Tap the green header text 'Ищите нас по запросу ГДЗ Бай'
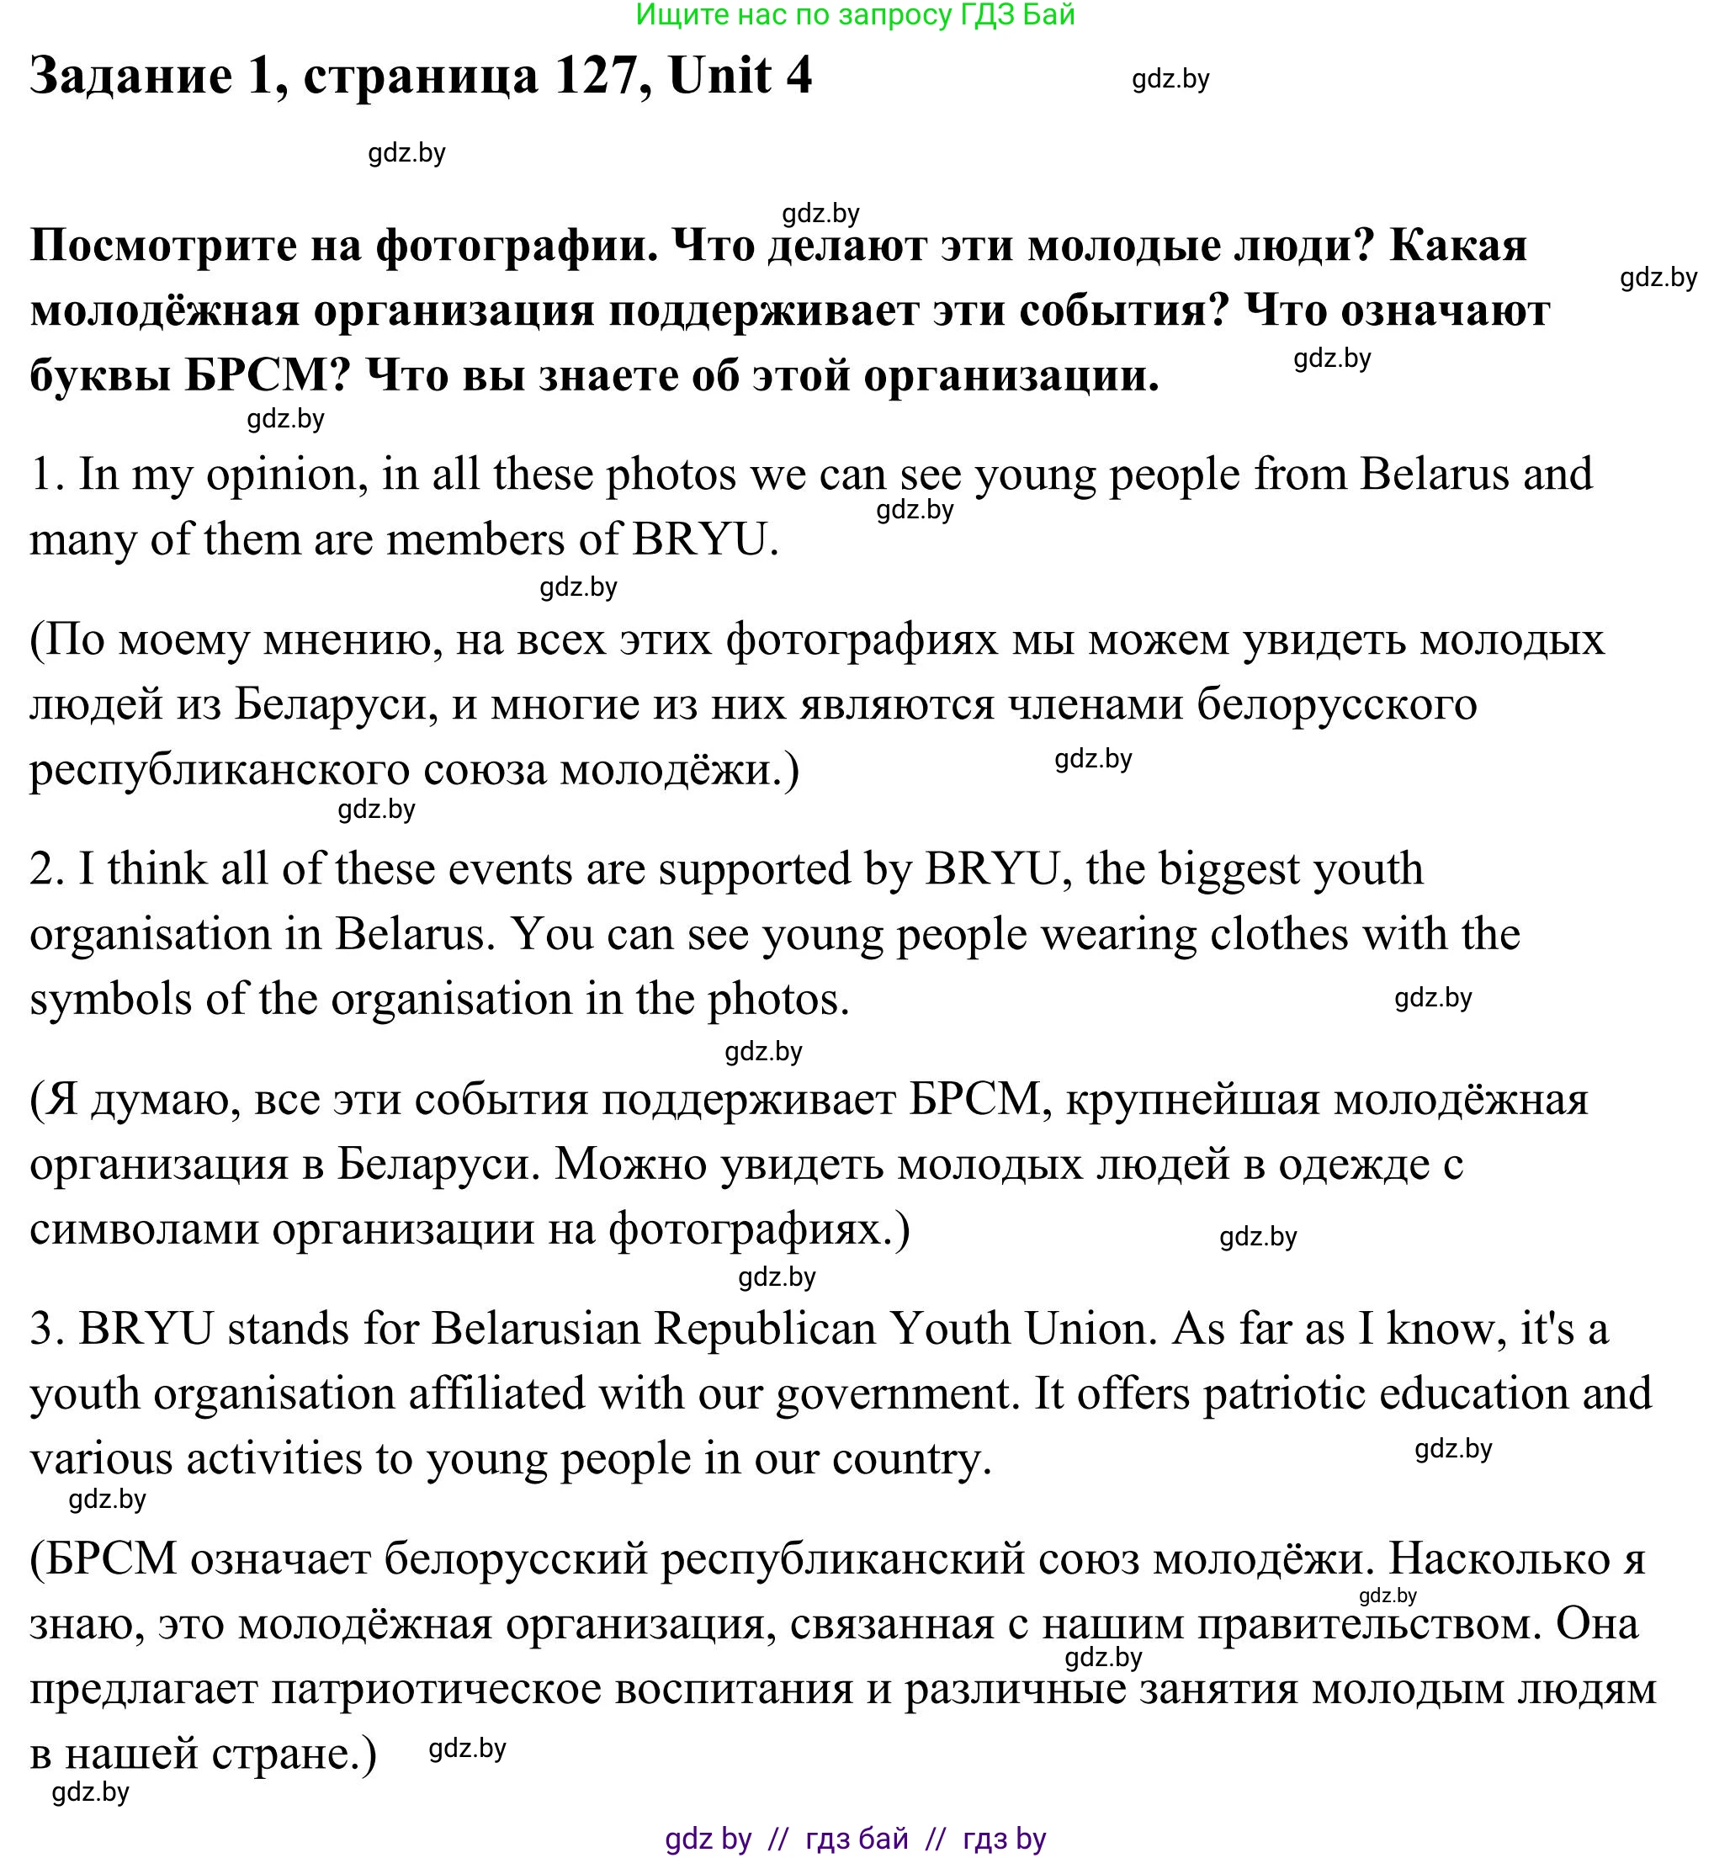[x=855, y=15]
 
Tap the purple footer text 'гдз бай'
[x=857, y=1838]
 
